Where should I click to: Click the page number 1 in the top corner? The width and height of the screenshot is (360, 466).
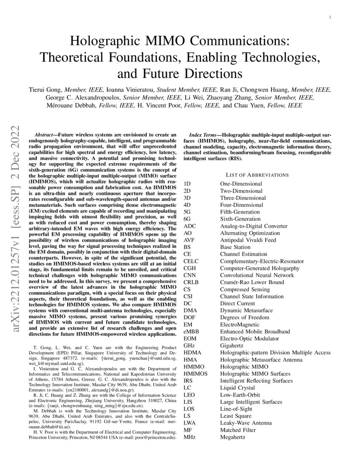(330, 17)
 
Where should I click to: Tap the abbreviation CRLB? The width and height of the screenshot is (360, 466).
(191, 282)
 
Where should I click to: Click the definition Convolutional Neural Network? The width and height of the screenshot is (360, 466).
(257, 275)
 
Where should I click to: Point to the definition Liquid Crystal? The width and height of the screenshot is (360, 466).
(237, 388)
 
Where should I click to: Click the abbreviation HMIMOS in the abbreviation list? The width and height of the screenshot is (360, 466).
(195, 374)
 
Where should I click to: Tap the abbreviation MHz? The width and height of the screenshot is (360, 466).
(190, 437)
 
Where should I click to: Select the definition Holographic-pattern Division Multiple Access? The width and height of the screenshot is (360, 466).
(275, 352)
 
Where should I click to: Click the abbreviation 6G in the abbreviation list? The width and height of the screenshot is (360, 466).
(187, 219)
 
